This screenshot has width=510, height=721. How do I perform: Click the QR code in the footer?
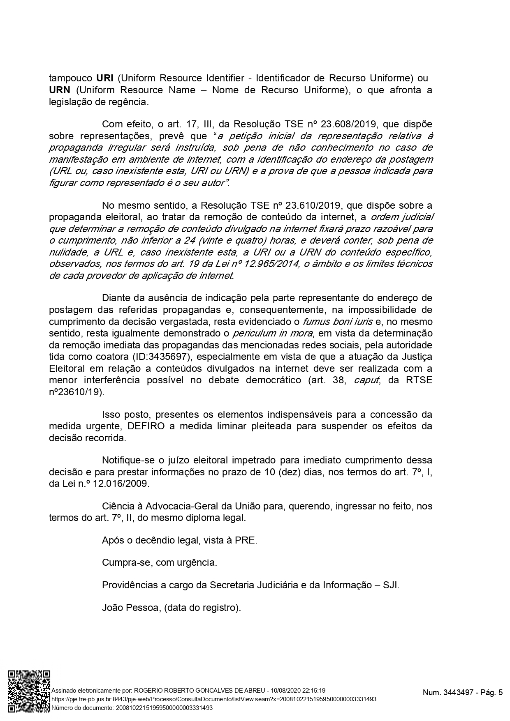coord(29,694)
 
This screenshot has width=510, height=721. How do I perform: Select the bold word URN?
coord(59,90)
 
